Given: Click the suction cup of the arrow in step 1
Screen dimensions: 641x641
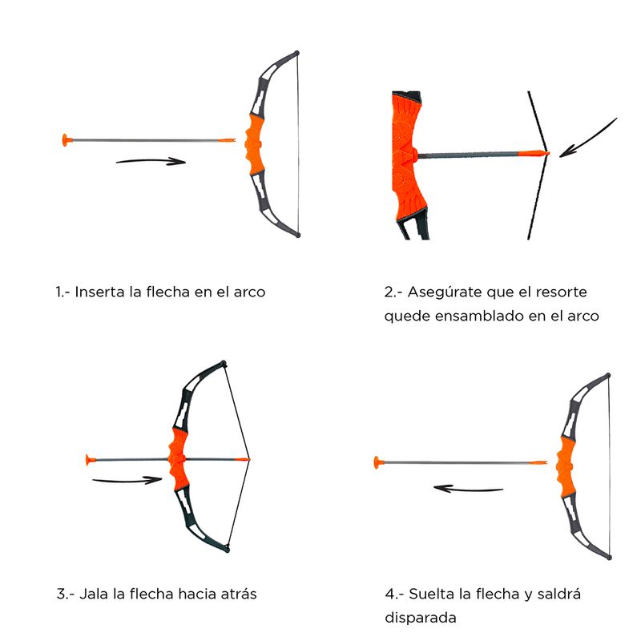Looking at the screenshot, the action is [67, 140].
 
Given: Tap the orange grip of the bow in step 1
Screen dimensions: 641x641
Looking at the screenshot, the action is [254, 144].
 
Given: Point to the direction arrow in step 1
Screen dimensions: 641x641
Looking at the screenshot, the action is [151, 162].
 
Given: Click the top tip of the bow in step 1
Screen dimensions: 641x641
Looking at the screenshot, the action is [296, 53].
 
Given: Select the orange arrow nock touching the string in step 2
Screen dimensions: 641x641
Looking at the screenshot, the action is [534, 154].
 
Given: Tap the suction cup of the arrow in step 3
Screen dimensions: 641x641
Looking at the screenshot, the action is [91, 460].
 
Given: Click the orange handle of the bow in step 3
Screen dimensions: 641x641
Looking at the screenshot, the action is [178, 459].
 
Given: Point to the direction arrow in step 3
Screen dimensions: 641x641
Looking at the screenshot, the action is [127, 480].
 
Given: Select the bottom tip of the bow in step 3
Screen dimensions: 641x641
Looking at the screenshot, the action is [228, 550].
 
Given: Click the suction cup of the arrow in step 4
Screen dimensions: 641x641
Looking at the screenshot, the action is [378, 463].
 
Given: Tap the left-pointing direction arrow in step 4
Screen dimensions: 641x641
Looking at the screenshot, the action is [468, 489].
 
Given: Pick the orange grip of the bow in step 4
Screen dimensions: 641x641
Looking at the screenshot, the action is [566, 466].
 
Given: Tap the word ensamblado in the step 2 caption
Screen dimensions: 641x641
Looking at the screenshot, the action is [478, 316].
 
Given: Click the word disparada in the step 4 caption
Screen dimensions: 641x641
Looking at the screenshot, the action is [420, 617].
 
